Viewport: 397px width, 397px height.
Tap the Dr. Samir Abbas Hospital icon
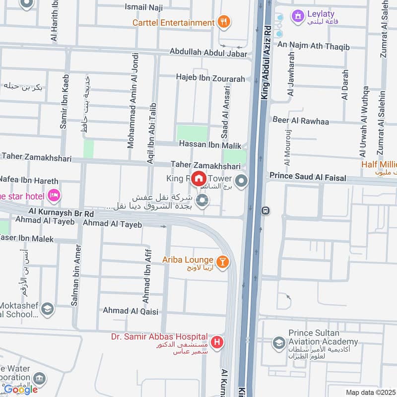coord(217,342)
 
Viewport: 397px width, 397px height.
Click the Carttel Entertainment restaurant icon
coord(224,22)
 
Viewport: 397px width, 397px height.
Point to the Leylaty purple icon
coord(298,15)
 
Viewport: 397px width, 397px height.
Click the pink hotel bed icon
coord(54,196)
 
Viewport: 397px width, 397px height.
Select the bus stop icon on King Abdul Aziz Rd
coord(266,210)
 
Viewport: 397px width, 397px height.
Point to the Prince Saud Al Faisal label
coord(307,176)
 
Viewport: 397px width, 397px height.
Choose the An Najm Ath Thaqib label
coord(313,47)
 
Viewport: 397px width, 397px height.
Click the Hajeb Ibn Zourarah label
coord(210,77)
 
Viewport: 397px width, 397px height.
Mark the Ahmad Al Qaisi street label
coord(130,311)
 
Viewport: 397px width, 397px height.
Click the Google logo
coord(21,389)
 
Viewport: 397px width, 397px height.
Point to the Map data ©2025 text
coord(371,392)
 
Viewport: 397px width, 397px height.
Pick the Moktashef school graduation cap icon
coord(48,309)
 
